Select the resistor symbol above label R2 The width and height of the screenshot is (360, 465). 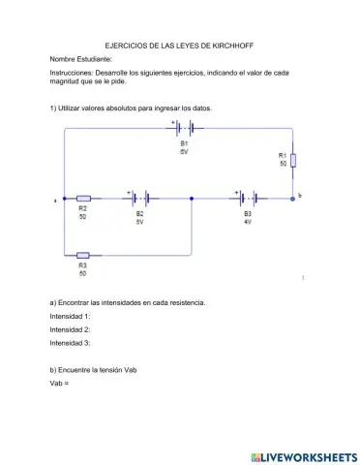coord(83,198)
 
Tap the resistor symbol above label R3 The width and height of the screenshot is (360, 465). coord(83,256)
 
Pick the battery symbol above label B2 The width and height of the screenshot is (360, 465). coord(139,198)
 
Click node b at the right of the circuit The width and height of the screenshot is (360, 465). coord(293,198)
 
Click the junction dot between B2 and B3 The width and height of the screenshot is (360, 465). coord(193,198)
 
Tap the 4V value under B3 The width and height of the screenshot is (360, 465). coord(248,222)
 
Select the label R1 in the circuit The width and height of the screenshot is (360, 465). coord(283,155)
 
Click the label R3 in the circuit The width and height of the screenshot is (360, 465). coord(83,264)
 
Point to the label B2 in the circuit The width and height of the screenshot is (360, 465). coord(139,213)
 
